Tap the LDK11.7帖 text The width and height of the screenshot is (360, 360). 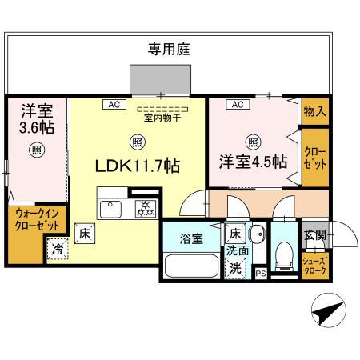click(x=138, y=167)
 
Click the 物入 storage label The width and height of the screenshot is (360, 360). click(x=315, y=111)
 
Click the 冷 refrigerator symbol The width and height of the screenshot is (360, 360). click(x=58, y=250)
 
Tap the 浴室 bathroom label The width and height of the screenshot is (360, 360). click(x=189, y=238)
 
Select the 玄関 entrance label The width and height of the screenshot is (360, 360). click(x=314, y=235)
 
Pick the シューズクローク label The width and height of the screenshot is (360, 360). click(x=314, y=266)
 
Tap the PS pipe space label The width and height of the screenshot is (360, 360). click(x=260, y=274)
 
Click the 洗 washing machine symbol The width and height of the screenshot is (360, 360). click(x=236, y=269)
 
